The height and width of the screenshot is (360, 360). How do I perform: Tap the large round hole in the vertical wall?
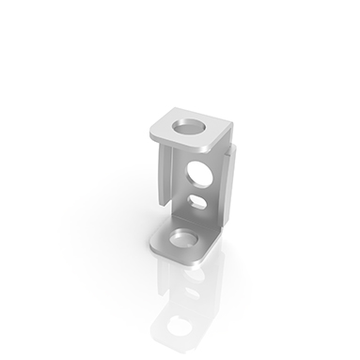[x=199, y=173]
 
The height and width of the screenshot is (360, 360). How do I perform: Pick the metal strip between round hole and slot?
[x=199, y=189]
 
